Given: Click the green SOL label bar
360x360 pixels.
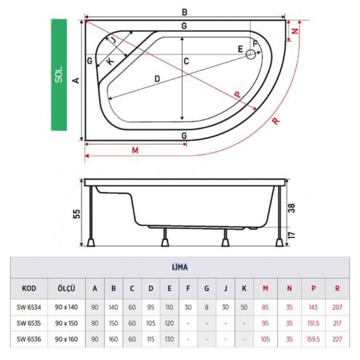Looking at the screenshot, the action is click(x=59, y=75).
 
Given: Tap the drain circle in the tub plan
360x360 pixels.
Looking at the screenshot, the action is click(x=251, y=55).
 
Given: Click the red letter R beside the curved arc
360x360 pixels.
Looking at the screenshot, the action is click(x=276, y=121).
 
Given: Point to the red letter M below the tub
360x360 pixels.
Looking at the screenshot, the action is click(x=135, y=151).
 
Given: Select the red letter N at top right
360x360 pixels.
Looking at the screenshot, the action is click(x=295, y=31).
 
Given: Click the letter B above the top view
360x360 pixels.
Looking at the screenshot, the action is click(x=185, y=12).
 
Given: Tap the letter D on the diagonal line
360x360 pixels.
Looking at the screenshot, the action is click(x=157, y=79).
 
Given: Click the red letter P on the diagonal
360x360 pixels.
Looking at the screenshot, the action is click(x=238, y=95).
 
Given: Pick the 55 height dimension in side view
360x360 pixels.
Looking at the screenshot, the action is click(x=76, y=214).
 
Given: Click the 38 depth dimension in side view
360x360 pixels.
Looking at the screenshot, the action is click(x=292, y=208).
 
